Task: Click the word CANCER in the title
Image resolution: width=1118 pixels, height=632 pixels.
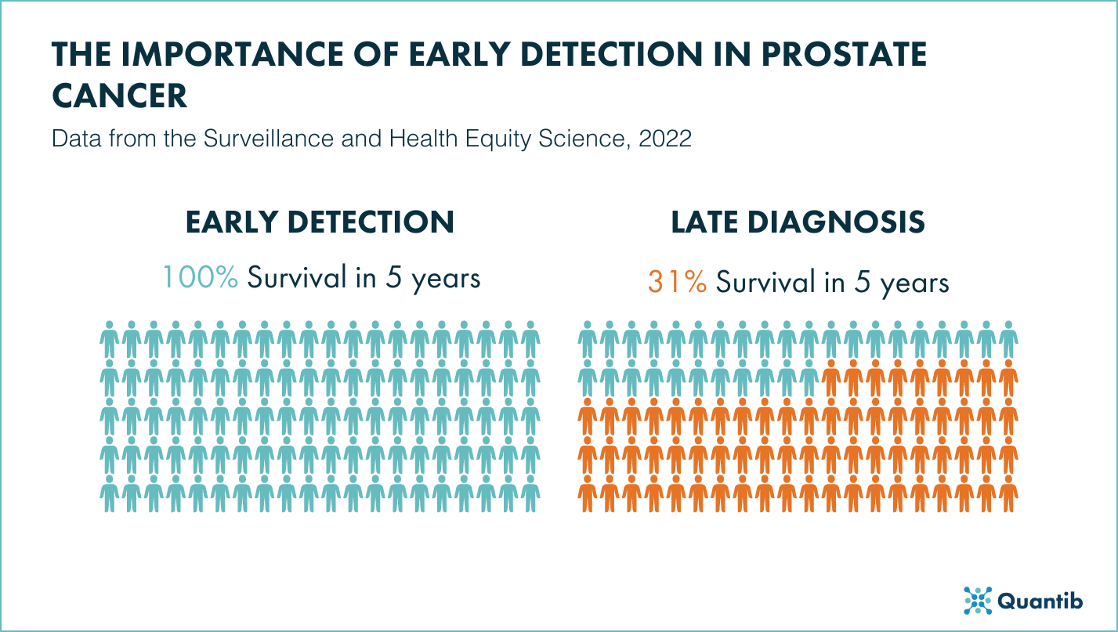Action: tap(120, 96)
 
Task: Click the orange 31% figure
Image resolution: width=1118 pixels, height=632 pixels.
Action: tap(677, 282)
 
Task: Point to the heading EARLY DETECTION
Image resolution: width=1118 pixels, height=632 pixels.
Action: tap(320, 222)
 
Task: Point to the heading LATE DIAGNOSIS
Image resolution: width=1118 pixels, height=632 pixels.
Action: tap(798, 222)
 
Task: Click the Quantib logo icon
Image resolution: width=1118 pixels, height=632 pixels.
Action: tap(977, 601)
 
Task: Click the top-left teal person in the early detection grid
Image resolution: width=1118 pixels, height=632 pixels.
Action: tap(110, 338)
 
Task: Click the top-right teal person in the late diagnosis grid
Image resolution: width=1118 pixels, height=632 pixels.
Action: tap(1009, 338)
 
